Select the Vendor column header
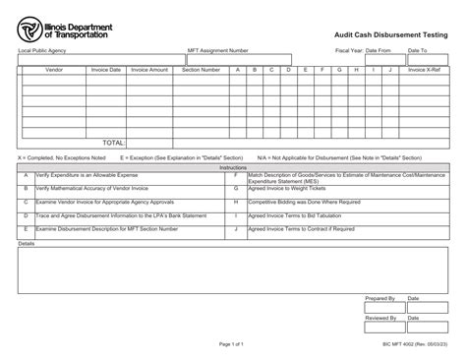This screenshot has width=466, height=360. pyautogui.click(x=53, y=70)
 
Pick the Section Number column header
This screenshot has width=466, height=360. pyautogui.click(x=203, y=70)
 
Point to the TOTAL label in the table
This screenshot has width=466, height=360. pyautogui.click(x=115, y=143)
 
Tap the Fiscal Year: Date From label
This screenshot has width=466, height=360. pyautogui.click(x=364, y=49)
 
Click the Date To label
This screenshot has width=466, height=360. pyautogui.click(x=417, y=49)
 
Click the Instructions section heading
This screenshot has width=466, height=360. pyautogui.click(x=233, y=167)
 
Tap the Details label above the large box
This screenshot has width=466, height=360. pyautogui.click(x=27, y=243)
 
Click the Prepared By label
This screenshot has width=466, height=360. pyautogui.click(x=379, y=297)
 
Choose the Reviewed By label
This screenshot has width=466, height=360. pyautogui.click(x=380, y=319)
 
